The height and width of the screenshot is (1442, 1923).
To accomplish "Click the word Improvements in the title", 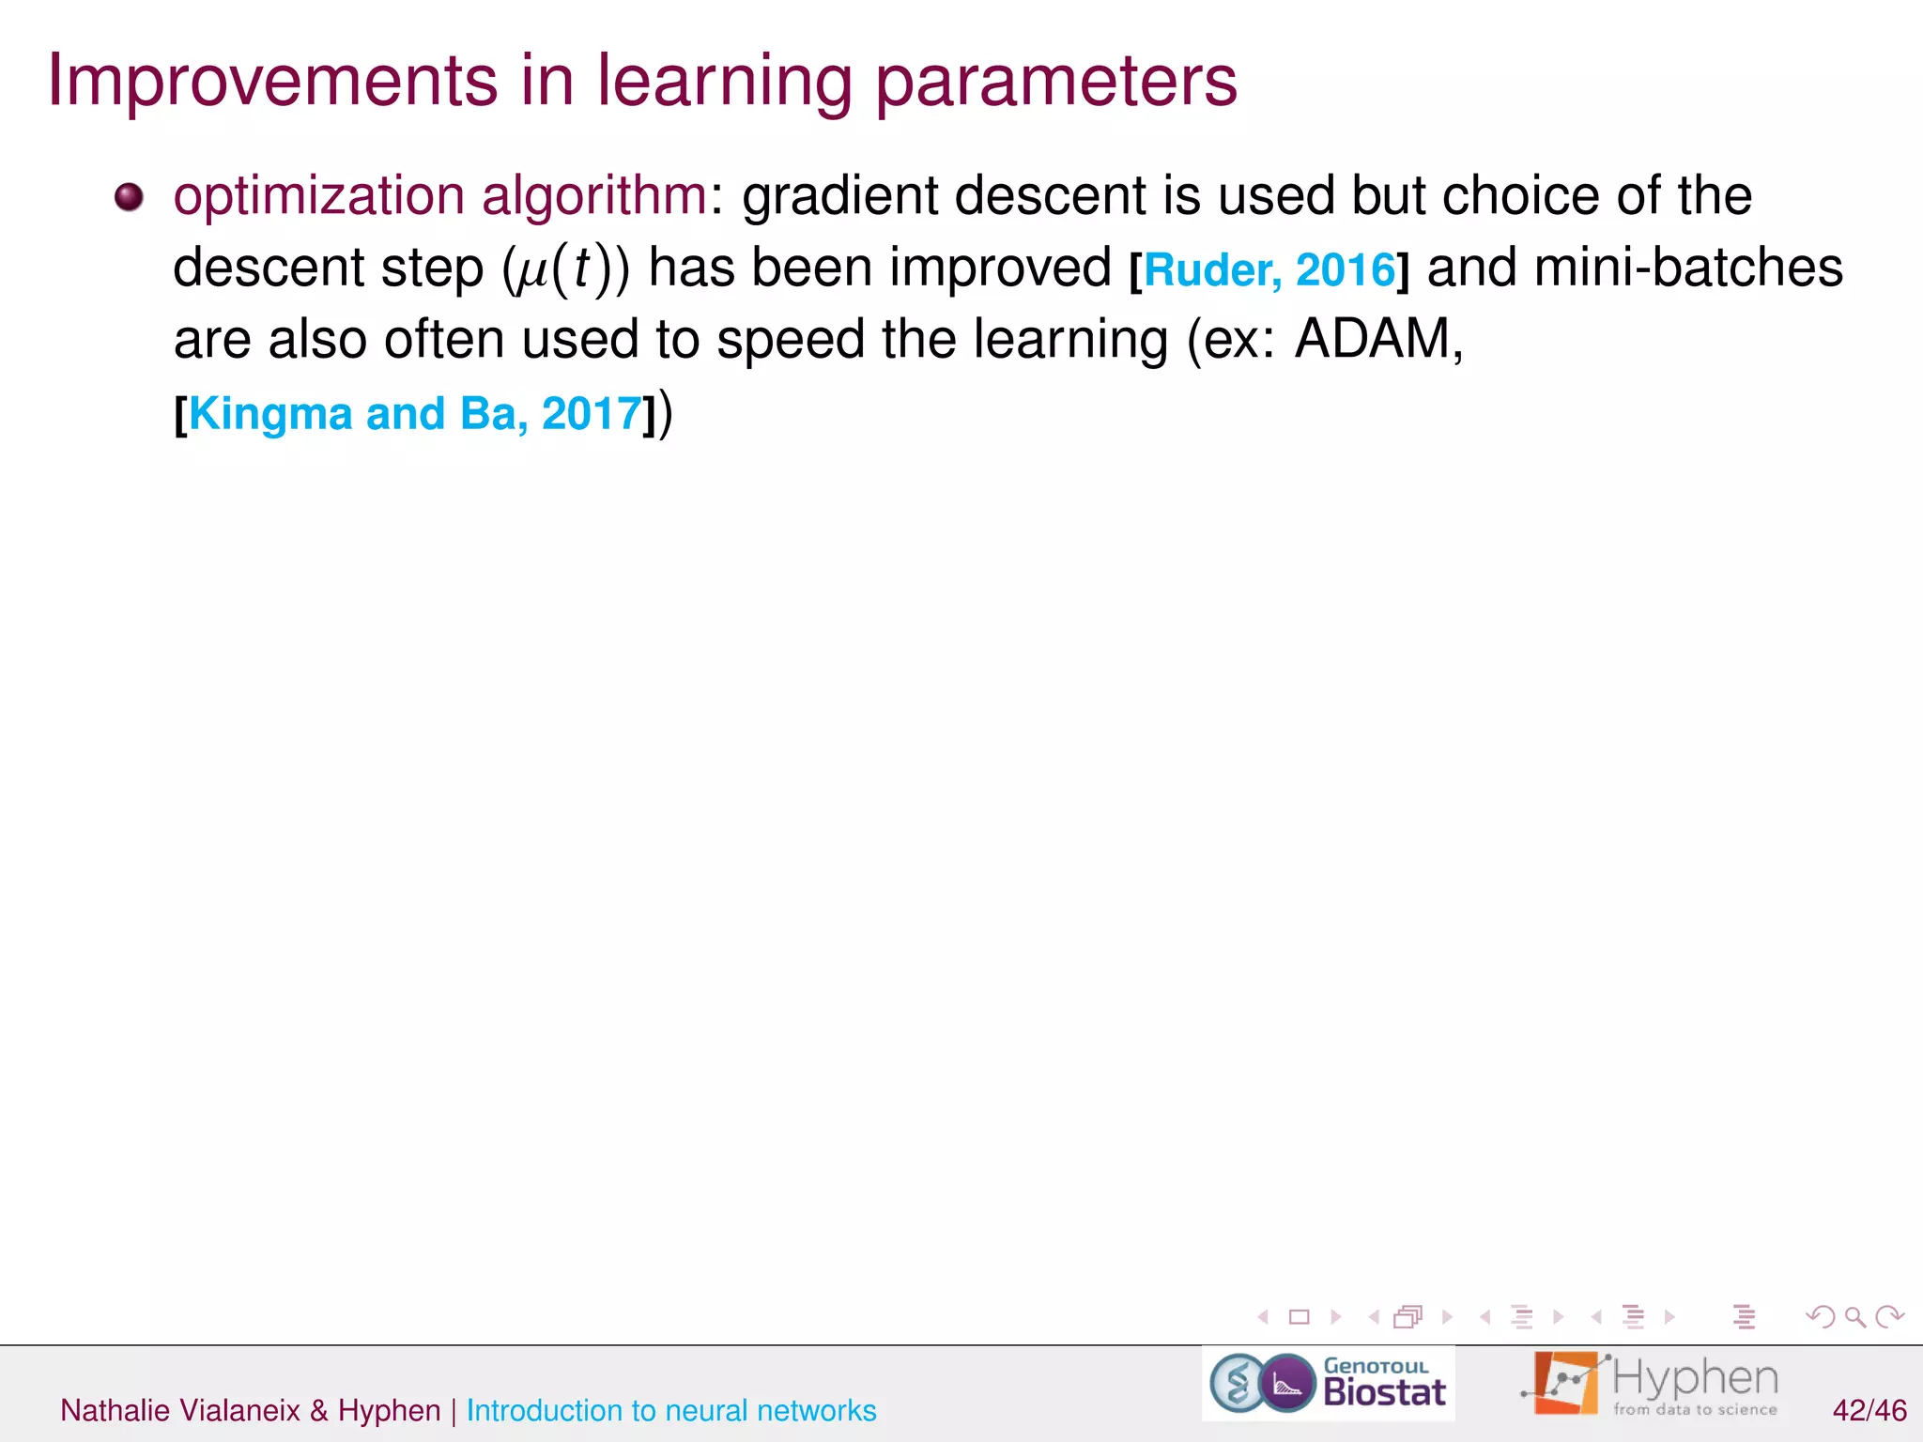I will coord(272,81).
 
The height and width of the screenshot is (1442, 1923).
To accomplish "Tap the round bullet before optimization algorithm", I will coord(129,197).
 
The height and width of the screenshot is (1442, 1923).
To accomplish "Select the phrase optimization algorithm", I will coord(440,197).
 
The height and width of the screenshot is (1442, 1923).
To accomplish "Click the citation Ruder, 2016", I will coord(1269,270).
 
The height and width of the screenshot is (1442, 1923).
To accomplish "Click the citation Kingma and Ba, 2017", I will coord(415,414).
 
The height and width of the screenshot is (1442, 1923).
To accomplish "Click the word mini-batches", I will coord(1687,268).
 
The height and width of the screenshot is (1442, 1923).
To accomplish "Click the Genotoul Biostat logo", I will coord(1328,1383).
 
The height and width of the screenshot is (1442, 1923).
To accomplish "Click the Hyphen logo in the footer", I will coord(1651,1383).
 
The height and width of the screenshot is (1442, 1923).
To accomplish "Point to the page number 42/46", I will coord(1869,1410).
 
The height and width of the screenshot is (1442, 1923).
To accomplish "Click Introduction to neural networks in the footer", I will coord(670,1410).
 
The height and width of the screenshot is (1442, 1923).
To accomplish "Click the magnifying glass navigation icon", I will coord(1854,1317).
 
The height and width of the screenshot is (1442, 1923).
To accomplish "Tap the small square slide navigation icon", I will coord(1299,1317).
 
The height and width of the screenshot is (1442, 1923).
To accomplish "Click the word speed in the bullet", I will coord(790,339).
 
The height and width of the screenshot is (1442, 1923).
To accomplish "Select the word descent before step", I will coord(268,268).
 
